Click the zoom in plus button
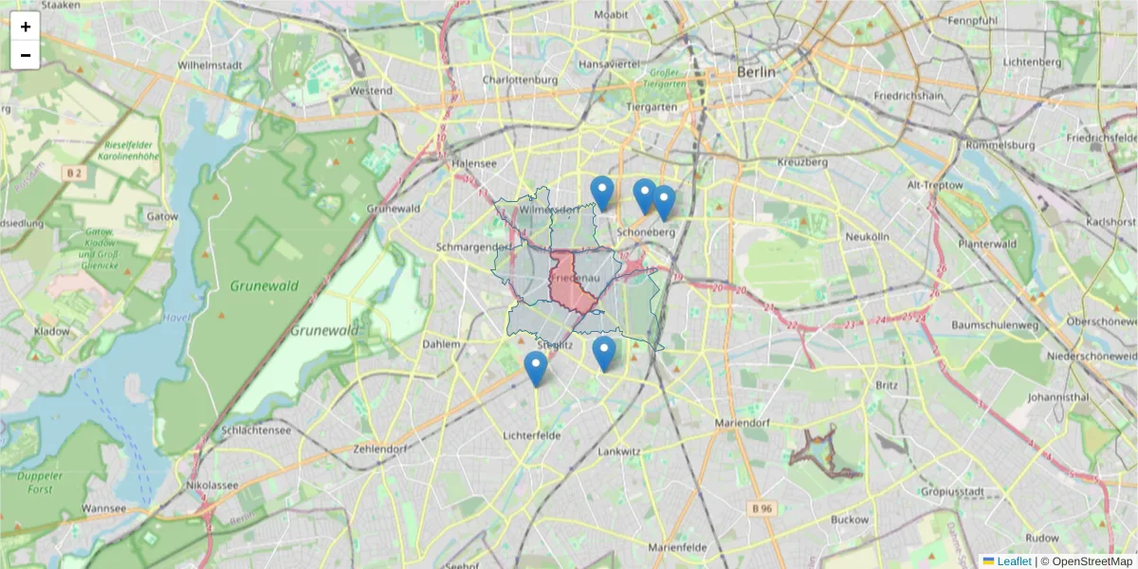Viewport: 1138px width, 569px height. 26,27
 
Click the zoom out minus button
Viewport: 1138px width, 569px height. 26,55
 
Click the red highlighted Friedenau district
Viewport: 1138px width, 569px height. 572,283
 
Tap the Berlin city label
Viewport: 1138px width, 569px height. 756,72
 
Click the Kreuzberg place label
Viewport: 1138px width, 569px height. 802,162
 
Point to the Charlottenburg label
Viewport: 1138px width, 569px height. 520,81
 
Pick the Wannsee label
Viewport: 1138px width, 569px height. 104,508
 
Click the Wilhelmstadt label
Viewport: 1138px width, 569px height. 209,65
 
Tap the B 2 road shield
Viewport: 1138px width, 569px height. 74,173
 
